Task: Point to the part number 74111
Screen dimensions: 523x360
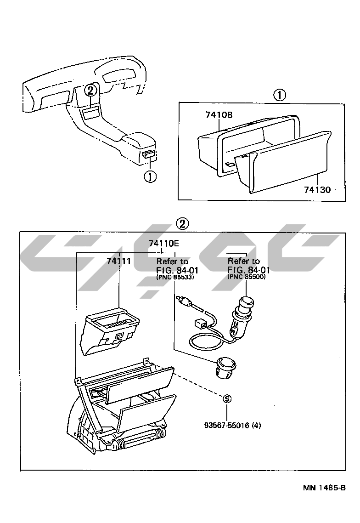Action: click(119, 261)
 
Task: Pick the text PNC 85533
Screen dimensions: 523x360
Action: click(174, 277)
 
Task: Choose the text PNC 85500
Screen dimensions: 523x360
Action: click(246, 277)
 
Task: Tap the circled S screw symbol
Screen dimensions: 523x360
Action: click(226, 398)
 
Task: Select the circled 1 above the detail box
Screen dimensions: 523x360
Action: click(279, 95)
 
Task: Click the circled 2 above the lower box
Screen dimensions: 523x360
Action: click(182, 224)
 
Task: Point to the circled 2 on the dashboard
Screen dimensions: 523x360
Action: click(91, 90)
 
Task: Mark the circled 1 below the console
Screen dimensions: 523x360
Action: click(150, 176)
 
